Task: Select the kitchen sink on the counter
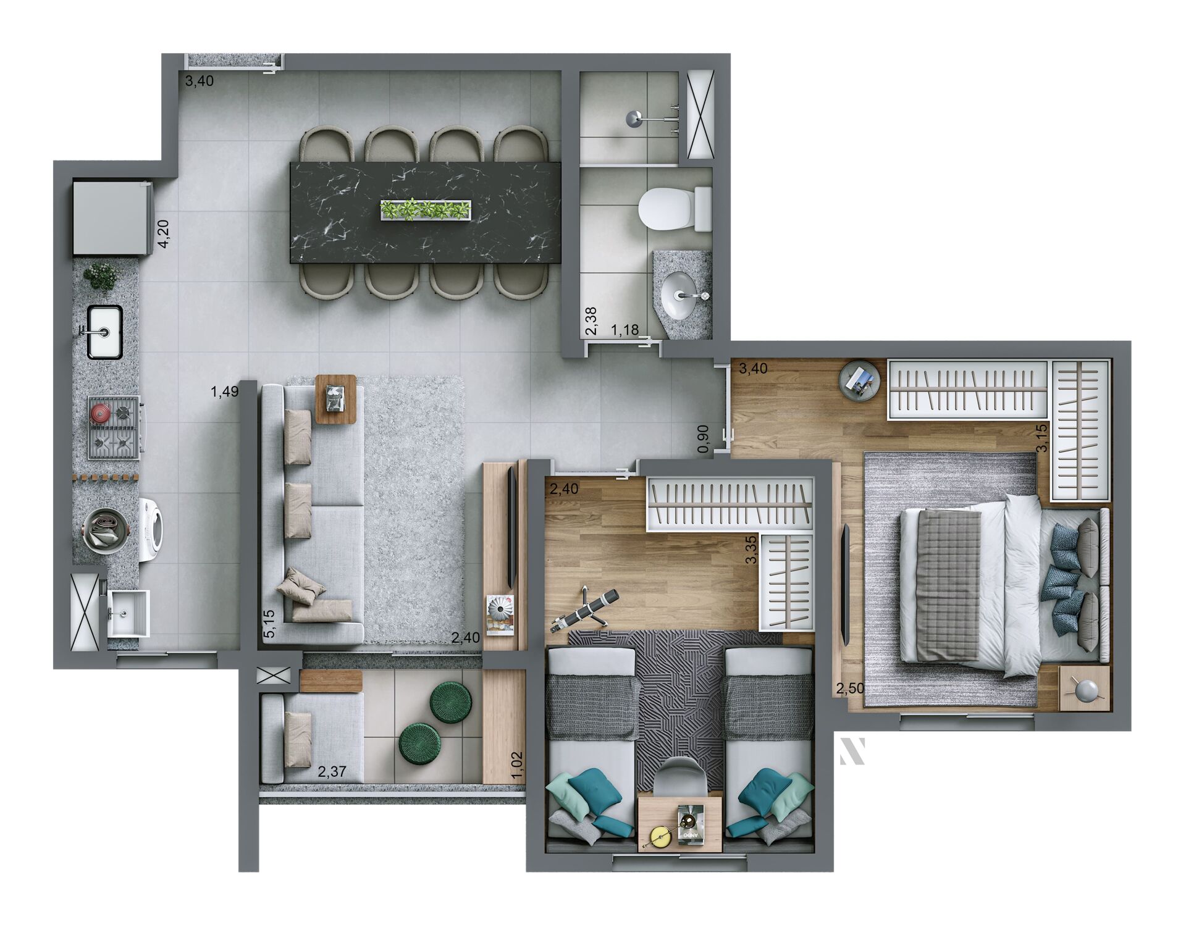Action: tap(104, 332)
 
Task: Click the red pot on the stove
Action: tap(101, 412)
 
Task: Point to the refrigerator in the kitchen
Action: tap(111, 216)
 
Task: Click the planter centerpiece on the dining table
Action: tap(425, 209)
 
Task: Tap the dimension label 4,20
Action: tap(164, 234)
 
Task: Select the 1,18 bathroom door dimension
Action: tap(625, 330)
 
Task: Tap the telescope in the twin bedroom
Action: tap(583, 611)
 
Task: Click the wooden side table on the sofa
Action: tap(336, 398)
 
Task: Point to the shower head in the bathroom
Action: tap(634, 119)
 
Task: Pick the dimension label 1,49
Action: tap(224, 392)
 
